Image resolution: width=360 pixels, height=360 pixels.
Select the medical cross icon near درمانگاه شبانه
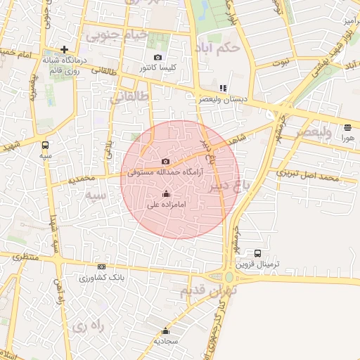65,49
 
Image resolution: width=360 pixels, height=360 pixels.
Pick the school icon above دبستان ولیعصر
223,89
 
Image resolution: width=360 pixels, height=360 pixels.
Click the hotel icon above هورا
348,127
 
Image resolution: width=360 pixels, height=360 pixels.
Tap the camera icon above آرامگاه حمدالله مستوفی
165,161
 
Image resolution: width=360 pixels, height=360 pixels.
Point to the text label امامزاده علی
166,205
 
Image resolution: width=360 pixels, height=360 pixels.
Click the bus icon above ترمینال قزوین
257,253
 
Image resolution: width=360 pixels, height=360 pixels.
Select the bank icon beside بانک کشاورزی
102,266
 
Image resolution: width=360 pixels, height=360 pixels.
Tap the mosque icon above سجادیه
166,330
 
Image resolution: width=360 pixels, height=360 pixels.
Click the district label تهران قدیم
209,289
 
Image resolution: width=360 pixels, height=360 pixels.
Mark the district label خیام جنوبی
117,33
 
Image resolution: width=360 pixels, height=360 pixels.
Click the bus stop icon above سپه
46,145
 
